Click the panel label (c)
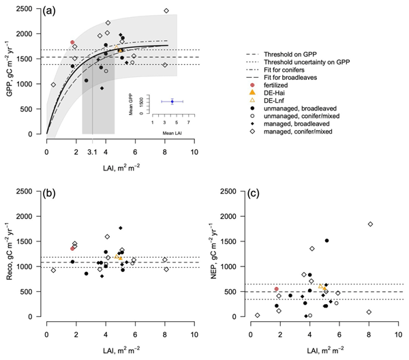256,196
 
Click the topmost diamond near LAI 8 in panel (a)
166,11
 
